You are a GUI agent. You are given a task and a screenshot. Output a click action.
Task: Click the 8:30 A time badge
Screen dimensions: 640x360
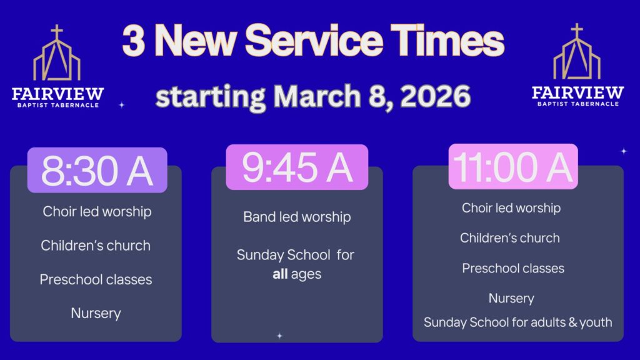pos(97,170)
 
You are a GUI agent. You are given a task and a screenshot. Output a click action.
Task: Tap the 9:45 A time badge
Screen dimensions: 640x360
pos(297,167)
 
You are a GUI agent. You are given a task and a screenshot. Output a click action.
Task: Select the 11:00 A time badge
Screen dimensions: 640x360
pos(513,166)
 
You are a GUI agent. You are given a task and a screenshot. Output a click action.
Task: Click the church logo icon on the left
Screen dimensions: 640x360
pos(57,53)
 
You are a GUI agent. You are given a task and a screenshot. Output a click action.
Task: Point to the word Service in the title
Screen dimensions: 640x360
pos(314,41)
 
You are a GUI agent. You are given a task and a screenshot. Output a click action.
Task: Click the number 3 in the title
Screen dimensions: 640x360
pos(133,41)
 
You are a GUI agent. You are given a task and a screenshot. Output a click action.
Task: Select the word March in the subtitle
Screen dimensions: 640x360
pos(317,96)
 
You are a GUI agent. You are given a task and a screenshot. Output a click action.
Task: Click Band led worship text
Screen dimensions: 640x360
pos(297,217)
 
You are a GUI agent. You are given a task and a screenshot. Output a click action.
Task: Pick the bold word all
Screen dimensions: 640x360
pos(280,274)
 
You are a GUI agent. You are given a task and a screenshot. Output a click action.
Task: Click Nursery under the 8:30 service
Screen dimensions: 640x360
pos(96,314)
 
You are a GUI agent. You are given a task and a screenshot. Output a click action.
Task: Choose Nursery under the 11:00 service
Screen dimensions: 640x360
pos(511,298)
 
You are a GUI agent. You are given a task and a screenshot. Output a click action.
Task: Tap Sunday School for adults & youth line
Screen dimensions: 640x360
pos(517,322)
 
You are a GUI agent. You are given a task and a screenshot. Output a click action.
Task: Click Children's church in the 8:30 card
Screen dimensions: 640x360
pos(96,245)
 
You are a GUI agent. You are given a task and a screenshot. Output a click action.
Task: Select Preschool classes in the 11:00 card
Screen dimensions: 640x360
pos(513,268)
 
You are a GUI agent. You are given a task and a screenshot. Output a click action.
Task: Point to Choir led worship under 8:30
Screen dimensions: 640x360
pos(97,211)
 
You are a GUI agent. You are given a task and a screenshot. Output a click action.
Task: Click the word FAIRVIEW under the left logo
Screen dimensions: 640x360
pos(57,94)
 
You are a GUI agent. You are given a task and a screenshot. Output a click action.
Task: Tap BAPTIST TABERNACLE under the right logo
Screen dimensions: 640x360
pos(578,104)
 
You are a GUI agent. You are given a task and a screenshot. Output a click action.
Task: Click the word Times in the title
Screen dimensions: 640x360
pos(447,41)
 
